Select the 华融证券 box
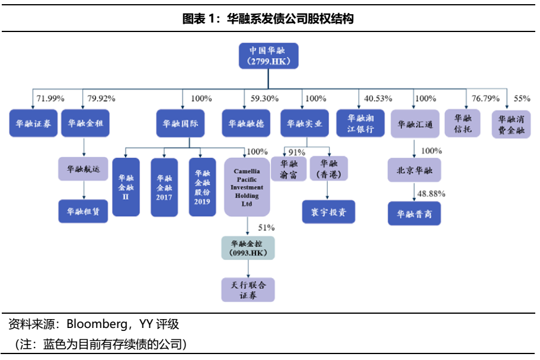[33, 123]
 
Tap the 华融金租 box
[85, 123]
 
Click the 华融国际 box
[180, 123]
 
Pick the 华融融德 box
[245, 123]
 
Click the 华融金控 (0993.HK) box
[248, 247]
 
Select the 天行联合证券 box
[248, 290]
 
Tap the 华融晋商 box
[415, 213]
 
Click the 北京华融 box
[415, 170]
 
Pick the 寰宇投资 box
[328, 211]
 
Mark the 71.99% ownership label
[50, 98]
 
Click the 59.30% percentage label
[261, 98]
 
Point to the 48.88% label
[431, 193]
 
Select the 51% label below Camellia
[266, 227]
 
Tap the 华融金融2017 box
[164, 186]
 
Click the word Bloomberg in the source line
[95, 324]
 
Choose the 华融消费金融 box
[511, 123]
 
